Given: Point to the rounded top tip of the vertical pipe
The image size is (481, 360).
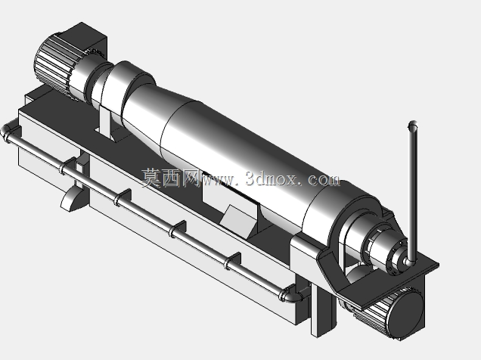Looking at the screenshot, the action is [x=413, y=125].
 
